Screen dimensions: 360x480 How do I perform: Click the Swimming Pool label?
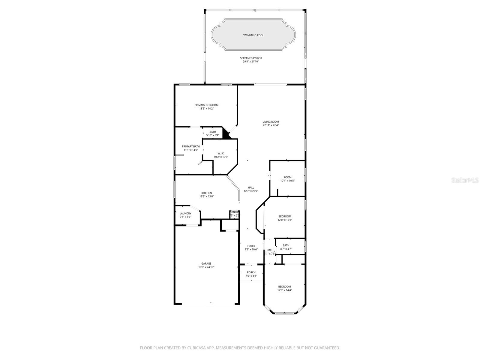tap(253, 35)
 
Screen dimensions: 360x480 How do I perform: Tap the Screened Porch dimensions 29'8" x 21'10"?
tap(250, 61)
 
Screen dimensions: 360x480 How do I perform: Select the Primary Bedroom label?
tap(206, 105)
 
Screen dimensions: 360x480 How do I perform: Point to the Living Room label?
tap(271, 122)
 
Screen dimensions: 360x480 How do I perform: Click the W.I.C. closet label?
tap(221, 153)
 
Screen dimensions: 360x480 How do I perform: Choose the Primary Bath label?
tap(190, 146)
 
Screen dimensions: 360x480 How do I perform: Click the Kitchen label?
tap(206, 193)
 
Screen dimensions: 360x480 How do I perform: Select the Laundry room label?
tap(185, 213)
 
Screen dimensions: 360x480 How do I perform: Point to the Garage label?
tap(206, 263)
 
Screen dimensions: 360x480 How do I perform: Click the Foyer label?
tap(251, 246)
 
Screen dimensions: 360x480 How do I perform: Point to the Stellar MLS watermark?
tap(465, 180)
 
